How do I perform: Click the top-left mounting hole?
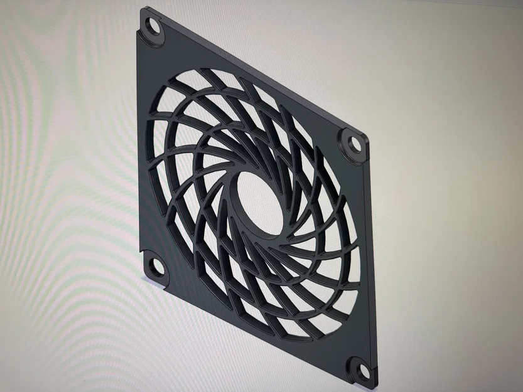pyautogui.click(x=153, y=27)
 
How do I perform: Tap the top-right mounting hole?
pyautogui.click(x=355, y=145)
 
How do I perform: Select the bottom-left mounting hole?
pyautogui.click(x=156, y=267)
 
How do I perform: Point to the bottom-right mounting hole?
pyautogui.click(x=362, y=372)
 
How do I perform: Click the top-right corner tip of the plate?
pyautogui.click(x=367, y=134)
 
